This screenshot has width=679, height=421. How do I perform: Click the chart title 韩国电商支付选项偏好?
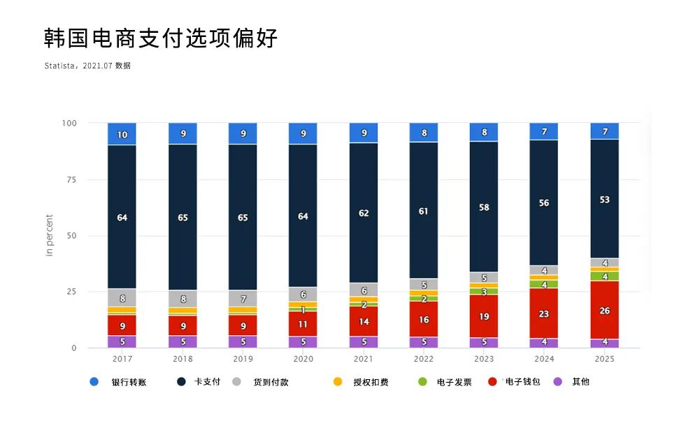161,38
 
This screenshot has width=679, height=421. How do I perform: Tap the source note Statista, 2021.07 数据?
87,66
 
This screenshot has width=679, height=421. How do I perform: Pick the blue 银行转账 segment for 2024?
543,131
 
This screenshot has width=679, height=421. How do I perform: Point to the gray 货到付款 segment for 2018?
183,299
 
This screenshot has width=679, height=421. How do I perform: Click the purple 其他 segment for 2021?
364,342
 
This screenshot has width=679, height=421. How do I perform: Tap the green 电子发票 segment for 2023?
484,292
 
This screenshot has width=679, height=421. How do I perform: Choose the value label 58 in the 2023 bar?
484,207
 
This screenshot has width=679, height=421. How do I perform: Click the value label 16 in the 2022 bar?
424,320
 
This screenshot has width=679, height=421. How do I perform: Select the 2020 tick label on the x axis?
303,358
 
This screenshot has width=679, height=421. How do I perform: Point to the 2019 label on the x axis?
243,358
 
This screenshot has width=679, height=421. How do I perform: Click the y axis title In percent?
50,235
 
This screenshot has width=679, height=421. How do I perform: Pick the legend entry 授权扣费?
371,382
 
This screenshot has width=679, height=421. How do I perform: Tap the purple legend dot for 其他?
558,382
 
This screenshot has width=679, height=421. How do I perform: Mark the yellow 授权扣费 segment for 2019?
243,309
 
